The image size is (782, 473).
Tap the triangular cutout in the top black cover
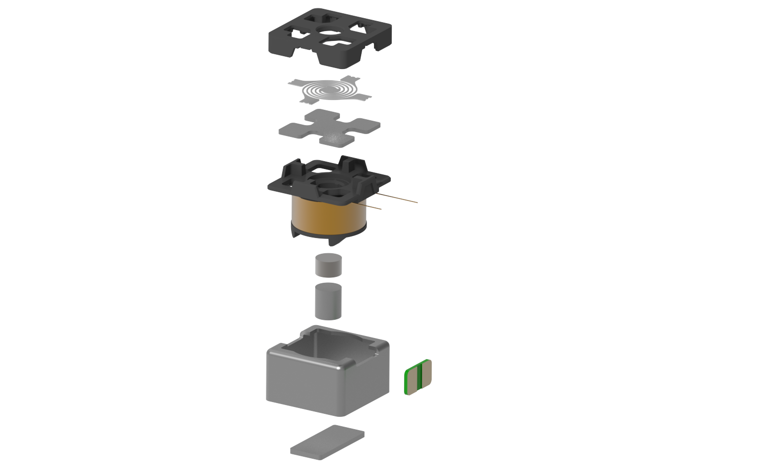click(x=357, y=27)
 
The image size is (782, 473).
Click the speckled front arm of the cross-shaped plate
click(x=337, y=138)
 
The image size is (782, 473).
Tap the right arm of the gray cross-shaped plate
click(x=365, y=125)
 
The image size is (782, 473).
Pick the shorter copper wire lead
click(x=373, y=206)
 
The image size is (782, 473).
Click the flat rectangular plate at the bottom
click(x=327, y=442)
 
